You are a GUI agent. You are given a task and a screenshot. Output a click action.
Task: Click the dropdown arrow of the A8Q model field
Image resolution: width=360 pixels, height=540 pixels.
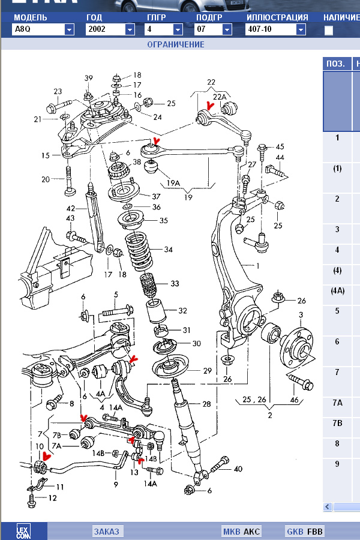point(70,29)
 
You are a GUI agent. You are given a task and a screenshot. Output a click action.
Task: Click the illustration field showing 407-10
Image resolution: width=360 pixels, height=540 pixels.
point(271,29)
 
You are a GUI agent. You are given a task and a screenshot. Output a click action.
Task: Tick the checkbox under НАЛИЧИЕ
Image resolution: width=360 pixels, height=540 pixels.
point(328,31)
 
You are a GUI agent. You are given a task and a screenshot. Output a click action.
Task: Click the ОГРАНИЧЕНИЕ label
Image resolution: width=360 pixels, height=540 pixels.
point(176,44)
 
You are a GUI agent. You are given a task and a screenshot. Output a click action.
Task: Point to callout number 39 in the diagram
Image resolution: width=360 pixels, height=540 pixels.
point(89,79)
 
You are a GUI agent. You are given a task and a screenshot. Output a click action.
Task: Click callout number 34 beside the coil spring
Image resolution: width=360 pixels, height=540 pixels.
point(169,250)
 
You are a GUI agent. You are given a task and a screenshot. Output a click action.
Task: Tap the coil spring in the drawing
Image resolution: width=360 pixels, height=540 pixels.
point(139,251)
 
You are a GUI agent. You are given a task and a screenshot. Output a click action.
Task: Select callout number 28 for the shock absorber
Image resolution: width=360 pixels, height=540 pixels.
point(206,404)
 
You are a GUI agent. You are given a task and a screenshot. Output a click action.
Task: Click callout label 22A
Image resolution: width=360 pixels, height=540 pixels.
point(220,97)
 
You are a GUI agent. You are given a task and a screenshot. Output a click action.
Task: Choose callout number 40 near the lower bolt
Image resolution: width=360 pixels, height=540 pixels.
point(238,469)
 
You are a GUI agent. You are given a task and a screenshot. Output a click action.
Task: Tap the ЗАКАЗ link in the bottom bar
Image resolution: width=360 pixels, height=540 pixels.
point(107,532)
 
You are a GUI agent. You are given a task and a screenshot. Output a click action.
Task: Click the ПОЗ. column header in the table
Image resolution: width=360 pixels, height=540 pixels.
point(335,64)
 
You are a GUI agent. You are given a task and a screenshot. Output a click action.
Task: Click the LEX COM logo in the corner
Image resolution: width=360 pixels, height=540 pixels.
point(23,531)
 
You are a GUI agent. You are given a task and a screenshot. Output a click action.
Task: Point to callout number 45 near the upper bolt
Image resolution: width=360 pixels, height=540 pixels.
point(280,147)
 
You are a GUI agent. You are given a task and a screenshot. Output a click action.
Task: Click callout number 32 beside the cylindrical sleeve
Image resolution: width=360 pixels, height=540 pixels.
point(182,311)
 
